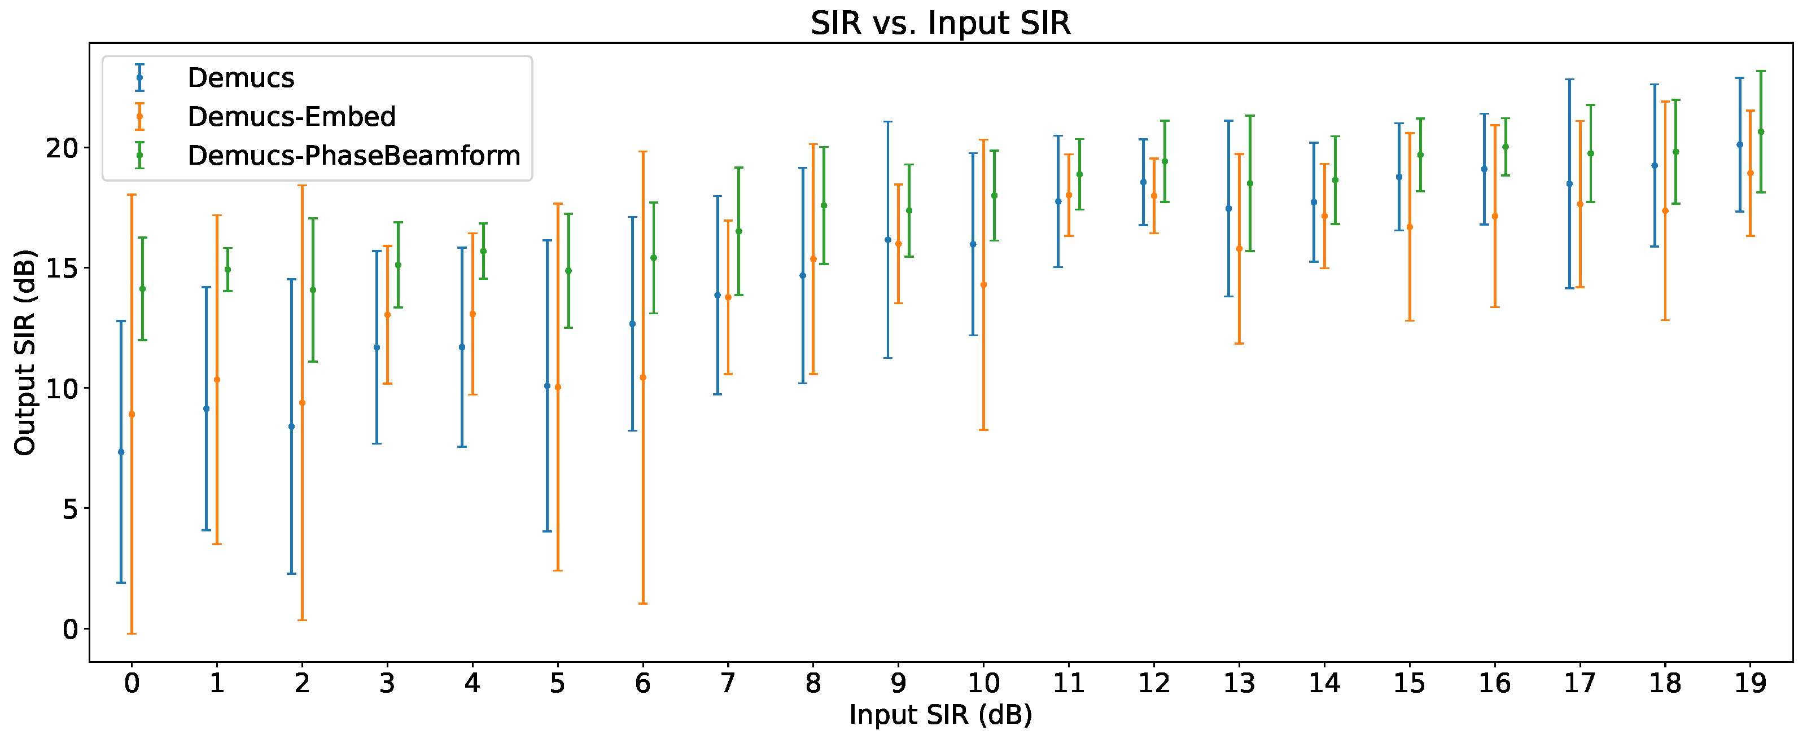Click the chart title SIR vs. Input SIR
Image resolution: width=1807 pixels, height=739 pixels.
[x=940, y=23]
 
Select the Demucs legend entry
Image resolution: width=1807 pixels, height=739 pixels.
[x=240, y=78]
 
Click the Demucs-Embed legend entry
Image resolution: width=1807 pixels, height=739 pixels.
[x=291, y=116]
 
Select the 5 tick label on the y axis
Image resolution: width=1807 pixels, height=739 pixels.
[x=70, y=509]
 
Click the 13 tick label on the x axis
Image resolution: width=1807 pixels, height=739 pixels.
[x=1239, y=682]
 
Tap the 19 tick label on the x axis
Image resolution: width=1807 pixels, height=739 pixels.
[x=1749, y=682]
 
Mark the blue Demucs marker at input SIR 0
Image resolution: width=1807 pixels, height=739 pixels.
[x=121, y=452]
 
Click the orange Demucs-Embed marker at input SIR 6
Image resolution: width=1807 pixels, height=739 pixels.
[x=642, y=377]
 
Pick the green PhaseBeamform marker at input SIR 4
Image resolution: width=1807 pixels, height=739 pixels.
[x=483, y=251]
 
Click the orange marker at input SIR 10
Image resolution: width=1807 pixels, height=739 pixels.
[x=983, y=285]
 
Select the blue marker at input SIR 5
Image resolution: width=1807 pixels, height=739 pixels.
[x=547, y=386]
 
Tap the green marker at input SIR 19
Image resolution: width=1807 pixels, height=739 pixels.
[x=1761, y=132]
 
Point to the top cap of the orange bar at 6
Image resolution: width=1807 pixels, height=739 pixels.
[x=642, y=151]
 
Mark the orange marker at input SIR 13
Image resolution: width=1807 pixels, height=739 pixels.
[x=1239, y=249]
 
